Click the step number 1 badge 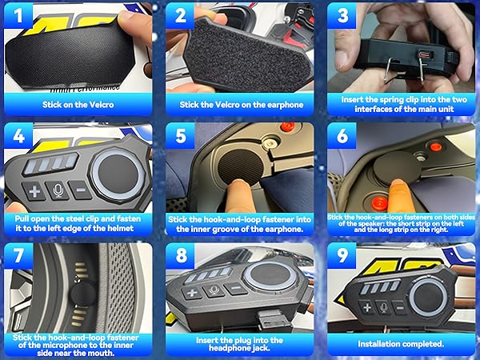pos(18,16)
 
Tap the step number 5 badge pos(180,136)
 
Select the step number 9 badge pos(342,256)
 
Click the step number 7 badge pos(18,256)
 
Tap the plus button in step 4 pos(34,192)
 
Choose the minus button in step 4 pos(80,190)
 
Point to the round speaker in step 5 pos(241,167)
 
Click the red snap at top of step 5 pos(287,126)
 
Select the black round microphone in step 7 pos(83,294)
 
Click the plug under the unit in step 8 pos(273,319)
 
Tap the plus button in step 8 pos(192,293)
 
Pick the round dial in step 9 pos(428,297)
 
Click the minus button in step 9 pos(399,308)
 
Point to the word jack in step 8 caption pos(259,348)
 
